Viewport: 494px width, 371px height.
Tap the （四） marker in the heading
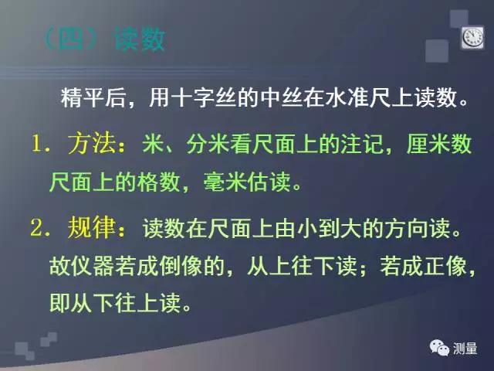pos(73,39)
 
